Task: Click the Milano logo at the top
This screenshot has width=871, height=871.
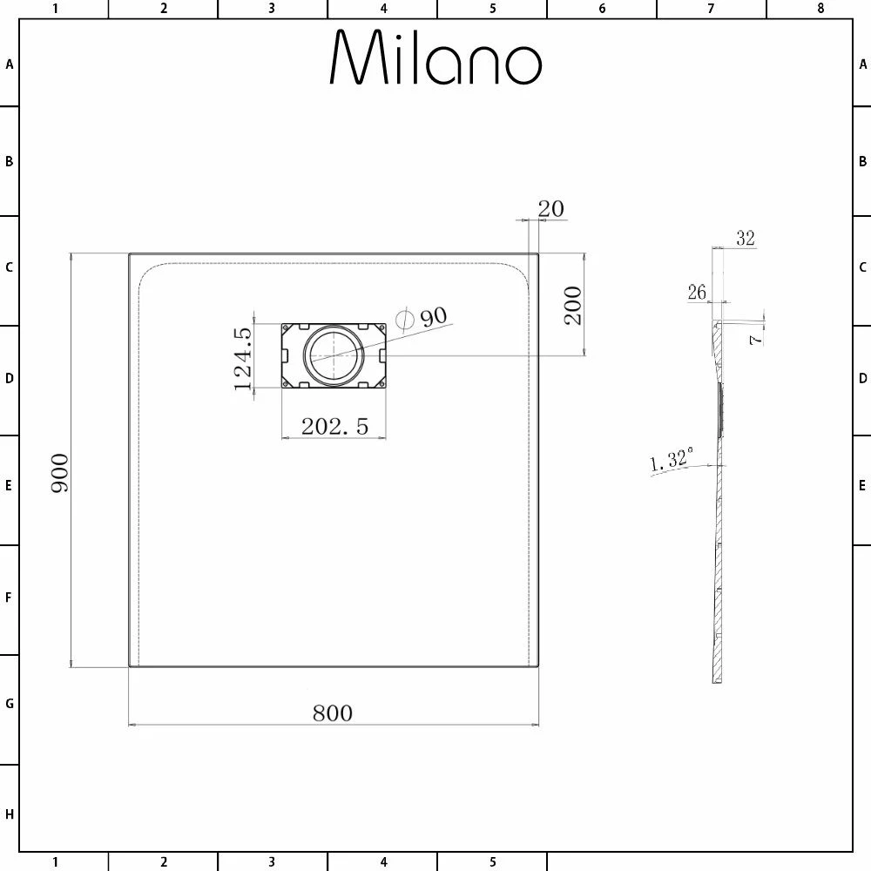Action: click(x=435, y=58)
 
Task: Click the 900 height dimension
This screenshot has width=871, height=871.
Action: click(x=60, y=473)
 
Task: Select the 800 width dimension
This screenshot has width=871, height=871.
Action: click(x=333, y=713)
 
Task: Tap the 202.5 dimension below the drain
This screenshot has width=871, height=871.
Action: click(x=334, y=426)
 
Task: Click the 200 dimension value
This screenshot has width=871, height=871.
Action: click(x=573, y=305)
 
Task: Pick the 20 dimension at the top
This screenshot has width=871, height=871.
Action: click(x=550, y=209)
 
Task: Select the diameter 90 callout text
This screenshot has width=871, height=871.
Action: click(x=433, y=316)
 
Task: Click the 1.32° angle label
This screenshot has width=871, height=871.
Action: click(x=672, y=459)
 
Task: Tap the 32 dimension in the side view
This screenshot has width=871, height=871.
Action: click(x=745, y=238)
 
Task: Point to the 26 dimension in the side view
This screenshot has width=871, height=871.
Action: click(x=697, y=293)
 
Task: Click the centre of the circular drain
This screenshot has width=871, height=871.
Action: click(x=331, y=355)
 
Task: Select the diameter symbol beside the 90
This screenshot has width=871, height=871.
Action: click(x=403, y=319)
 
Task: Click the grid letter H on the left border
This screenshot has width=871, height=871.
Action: click(x=10, y=814)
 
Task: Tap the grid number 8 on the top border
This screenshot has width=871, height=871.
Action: click(x=820, y=9)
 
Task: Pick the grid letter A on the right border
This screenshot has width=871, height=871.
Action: click(x=862, y=64)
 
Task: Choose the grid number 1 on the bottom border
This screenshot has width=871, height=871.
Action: click(x=55, y=862)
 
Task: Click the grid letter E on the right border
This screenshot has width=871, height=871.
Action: click(x=862, y=485)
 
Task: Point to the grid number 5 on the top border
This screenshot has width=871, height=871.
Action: click(x=492, y=9)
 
